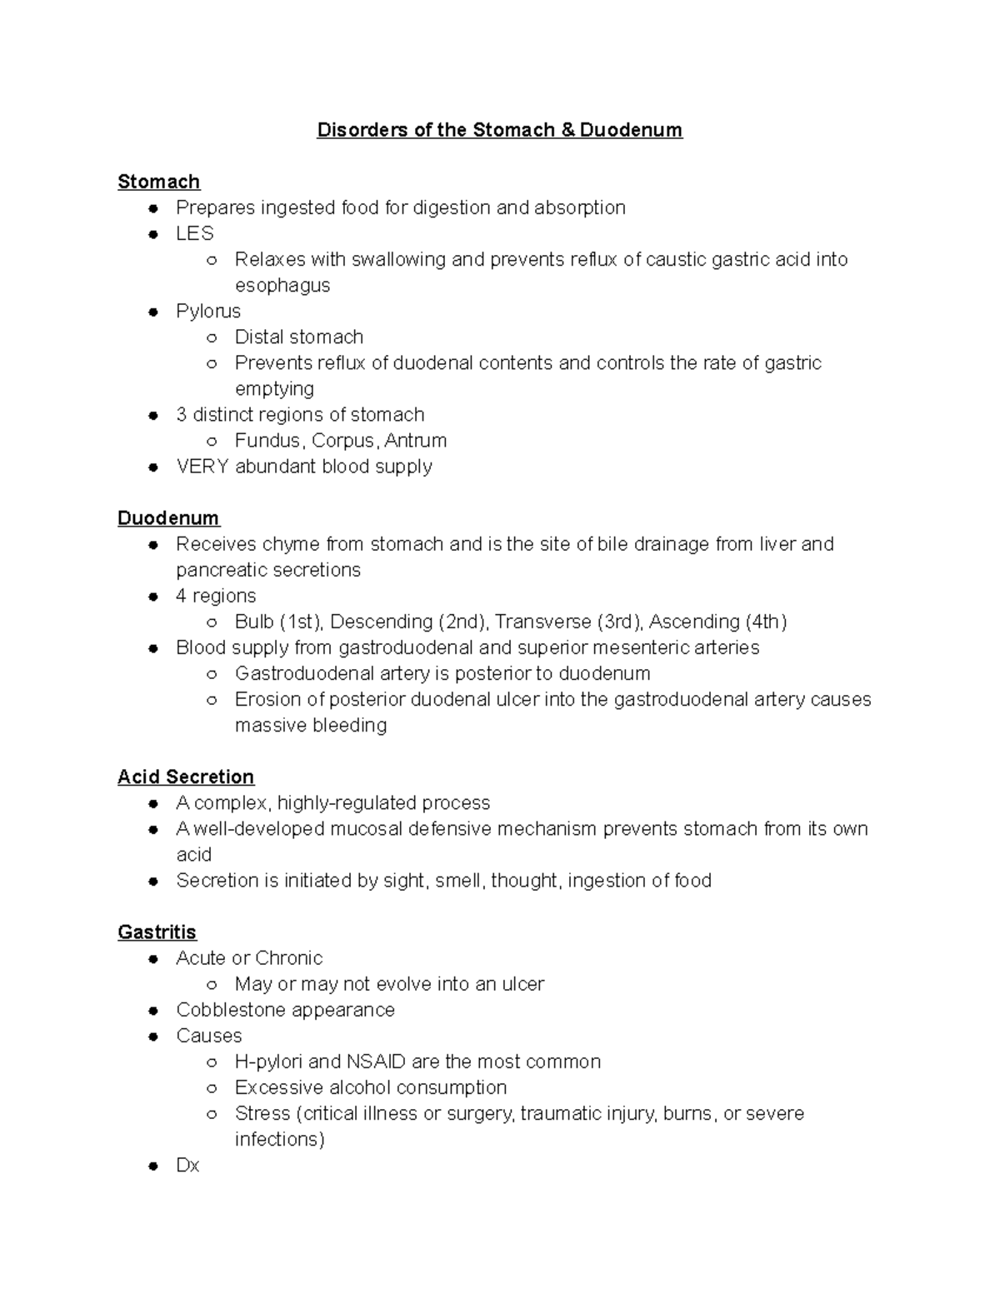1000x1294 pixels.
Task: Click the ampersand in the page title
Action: (567, 130)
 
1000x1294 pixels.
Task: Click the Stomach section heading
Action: (158, 182)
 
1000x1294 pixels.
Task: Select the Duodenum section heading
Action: (167, 518)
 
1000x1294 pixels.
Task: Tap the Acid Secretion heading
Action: (185, 777)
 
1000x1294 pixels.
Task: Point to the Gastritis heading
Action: (157, 932)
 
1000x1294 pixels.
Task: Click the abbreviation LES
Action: (194, 233)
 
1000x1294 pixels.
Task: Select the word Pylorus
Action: (207, 311)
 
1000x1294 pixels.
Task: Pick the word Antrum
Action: (416, 441)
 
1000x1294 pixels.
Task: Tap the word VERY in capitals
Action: (202, 467)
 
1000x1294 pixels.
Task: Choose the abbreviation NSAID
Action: (376, 1062)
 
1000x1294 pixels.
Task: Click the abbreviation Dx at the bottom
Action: (187, 1165)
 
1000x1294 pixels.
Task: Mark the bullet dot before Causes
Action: (152, 1037)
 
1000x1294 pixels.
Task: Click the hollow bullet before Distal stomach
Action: (212, 337)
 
